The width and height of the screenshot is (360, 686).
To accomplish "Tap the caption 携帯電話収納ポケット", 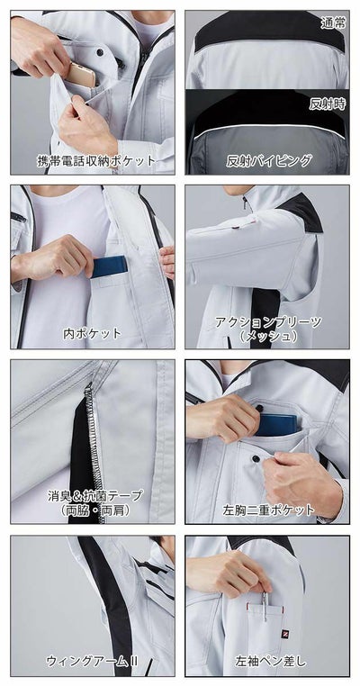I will [x=95, y=161].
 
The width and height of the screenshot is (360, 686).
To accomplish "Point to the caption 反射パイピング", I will [x=269, y=161].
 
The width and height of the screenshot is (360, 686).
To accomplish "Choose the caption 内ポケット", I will [x=92, y=332].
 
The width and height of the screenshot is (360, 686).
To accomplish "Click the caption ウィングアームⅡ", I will [x=93, y=661].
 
